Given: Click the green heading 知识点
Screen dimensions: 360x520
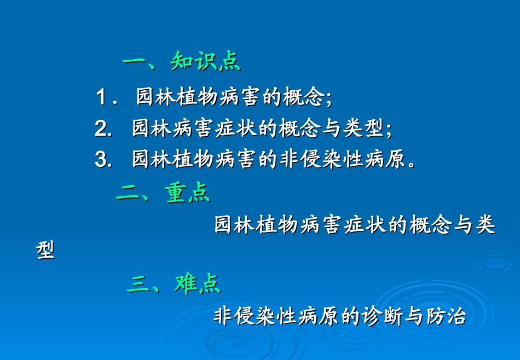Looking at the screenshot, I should click(x=205, y=61).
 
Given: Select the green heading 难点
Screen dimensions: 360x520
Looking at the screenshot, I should click(x=198, y=283).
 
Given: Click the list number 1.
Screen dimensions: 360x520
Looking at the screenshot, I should click(x=101, y=98).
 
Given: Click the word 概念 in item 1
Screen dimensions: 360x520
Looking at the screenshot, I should click(x=304, y=98).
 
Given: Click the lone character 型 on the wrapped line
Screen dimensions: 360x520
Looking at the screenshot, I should click(x=45, y=251).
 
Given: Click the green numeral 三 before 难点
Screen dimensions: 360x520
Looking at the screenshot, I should click(x=137, y=284).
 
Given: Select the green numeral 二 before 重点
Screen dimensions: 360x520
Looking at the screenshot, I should click(x=127, y=193).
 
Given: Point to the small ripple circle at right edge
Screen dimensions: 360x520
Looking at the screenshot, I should click(x=495, y=261).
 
